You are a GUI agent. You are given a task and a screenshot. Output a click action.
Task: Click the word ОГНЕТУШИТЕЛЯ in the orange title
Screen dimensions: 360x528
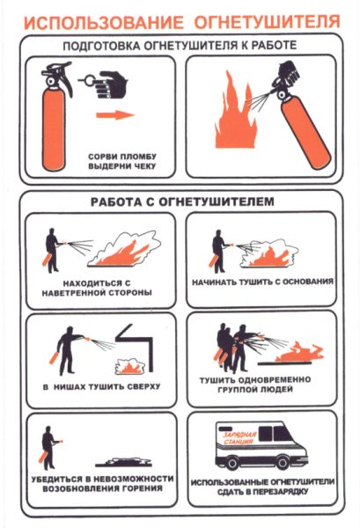click(x=267, y=21)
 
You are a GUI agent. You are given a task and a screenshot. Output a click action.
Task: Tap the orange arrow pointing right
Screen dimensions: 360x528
click(x=115, y=115)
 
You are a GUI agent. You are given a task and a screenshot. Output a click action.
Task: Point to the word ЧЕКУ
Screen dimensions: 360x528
click(x=143, y=166)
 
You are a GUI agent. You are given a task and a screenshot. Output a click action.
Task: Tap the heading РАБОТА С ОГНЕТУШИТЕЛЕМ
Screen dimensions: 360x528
click(x=182, y=202)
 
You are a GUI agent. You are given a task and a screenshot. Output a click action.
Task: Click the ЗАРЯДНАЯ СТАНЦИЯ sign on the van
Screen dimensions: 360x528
click(x=239, y=438)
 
